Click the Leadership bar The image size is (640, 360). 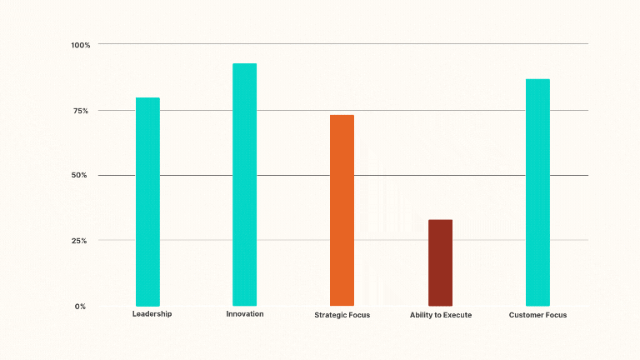click(147, 202)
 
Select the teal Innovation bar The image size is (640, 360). click(244, 184)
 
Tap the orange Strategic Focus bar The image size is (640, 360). click(342, 210)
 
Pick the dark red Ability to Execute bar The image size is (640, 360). click(440, 262)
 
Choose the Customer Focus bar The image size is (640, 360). click(537, 192)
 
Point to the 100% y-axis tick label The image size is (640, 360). click(81, 44)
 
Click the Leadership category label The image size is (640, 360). click(152, 314)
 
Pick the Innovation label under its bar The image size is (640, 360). click(244, 314)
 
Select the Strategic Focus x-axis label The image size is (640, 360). click(342, 315)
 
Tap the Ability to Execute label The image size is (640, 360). click(440, 315)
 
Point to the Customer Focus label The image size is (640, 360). click(537, 315)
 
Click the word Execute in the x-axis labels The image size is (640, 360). click(456, 315)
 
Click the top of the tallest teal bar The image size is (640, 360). click(244, 64)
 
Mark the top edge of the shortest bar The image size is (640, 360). click(440, 221)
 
